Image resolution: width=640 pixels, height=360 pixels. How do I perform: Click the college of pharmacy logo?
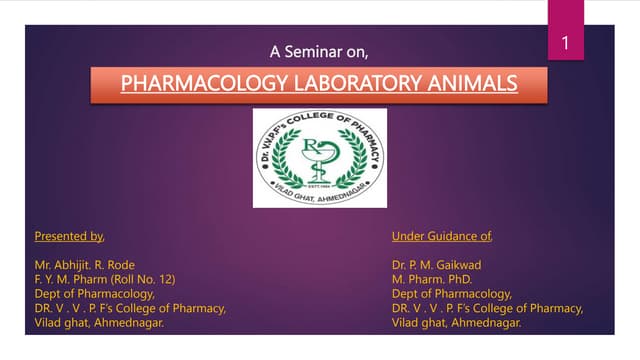click(319, 157)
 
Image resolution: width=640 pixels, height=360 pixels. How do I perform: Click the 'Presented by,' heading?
click(69, 237)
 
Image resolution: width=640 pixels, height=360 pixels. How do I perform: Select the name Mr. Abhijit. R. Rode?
click(84, 265)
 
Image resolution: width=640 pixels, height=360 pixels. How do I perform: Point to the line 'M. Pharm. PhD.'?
click(432, 280)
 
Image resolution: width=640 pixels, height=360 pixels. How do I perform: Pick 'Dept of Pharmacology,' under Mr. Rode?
click(94, 294)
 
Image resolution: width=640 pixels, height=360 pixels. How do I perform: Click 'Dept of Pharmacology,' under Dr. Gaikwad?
click(452, 294)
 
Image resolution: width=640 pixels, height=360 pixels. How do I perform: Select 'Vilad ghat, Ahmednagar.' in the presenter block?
click(100, 323)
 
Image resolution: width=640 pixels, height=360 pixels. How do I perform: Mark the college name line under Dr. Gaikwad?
click(487, 308)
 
